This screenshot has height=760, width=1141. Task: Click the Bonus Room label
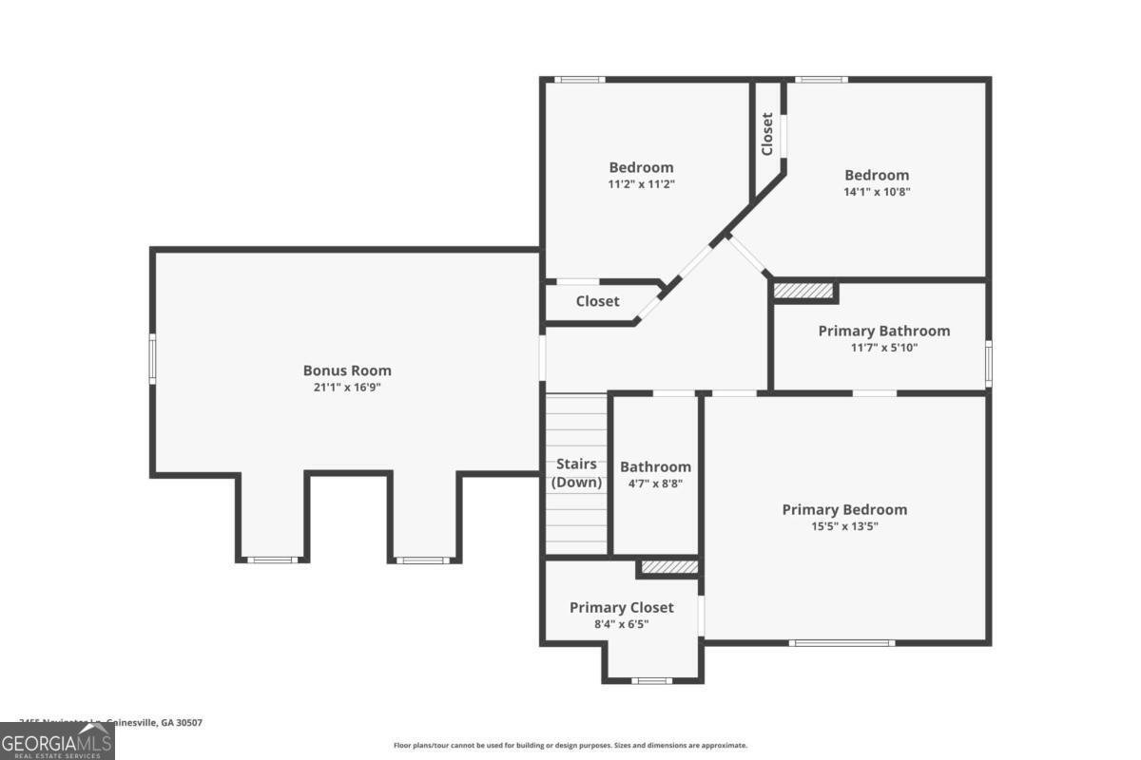tap(347, 370)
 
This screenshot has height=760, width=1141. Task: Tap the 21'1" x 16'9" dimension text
tap(347, 388)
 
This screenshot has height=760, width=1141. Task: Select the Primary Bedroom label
tap(844, 509)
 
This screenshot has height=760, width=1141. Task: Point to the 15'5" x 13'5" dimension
tap(844, 525)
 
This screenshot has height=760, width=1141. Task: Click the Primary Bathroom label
tap(883, 331)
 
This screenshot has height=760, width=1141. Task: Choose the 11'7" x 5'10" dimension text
tap(883, 348)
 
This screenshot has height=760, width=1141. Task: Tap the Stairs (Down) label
tap(576, 473)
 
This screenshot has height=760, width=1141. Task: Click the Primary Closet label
tap(621, 607)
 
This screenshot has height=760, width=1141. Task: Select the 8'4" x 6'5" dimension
tap(621, 624)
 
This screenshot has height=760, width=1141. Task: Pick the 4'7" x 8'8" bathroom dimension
tap(655, 483)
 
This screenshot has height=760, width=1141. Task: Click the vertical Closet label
tap(767, 134)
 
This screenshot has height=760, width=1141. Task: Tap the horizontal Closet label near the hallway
tap(597, 301)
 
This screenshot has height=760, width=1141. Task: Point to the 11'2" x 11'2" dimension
tap(641, 184)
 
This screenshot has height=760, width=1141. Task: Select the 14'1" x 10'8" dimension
tap(877, 191)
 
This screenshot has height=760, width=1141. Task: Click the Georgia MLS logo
tap(57, 741)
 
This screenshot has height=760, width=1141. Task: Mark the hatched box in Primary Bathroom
tap(803, 290)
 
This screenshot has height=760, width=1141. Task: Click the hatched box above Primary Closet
tap(668, 567)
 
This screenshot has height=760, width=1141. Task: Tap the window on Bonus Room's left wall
tap(152, 358)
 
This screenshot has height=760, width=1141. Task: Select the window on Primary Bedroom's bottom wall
tap(841, 643)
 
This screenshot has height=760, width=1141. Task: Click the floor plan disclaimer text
tap(570, 746)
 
